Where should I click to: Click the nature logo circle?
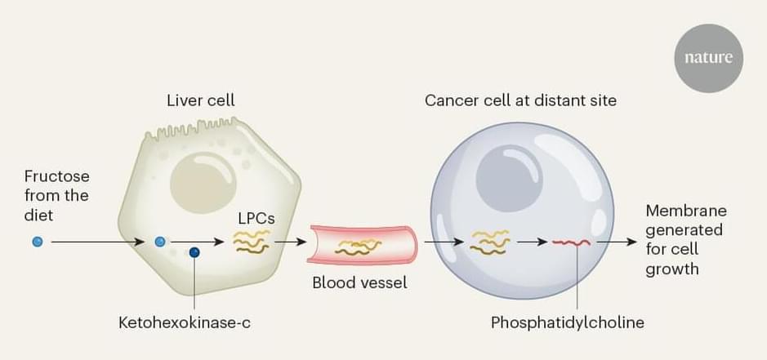pyautogui.click(x=708, y=58)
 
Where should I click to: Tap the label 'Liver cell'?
pyautogui.click(x=200, y=101)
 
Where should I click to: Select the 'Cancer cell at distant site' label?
pyautogui.click(x=520, y=101)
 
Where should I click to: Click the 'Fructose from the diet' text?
pyautogui.click(x=56, y=196)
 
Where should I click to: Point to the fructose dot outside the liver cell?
pyautogui.click(x=37, y=242)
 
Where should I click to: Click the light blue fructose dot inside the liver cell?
pyautogui.click(x=160, y=242)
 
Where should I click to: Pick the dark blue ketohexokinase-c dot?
pyautogui.click(x=194, y=252)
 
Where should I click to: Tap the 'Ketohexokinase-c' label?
pyautogui.click(x=184, y=322)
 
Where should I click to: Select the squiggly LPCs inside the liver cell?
pyautogui.click(x=252, y=242)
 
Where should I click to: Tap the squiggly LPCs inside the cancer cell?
pyautogui.click(x=490, y=242)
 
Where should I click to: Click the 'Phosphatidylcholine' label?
pyautogui.click(x=567, y=322)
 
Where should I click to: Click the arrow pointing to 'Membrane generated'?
pyautogui.click(x=621, y=242)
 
